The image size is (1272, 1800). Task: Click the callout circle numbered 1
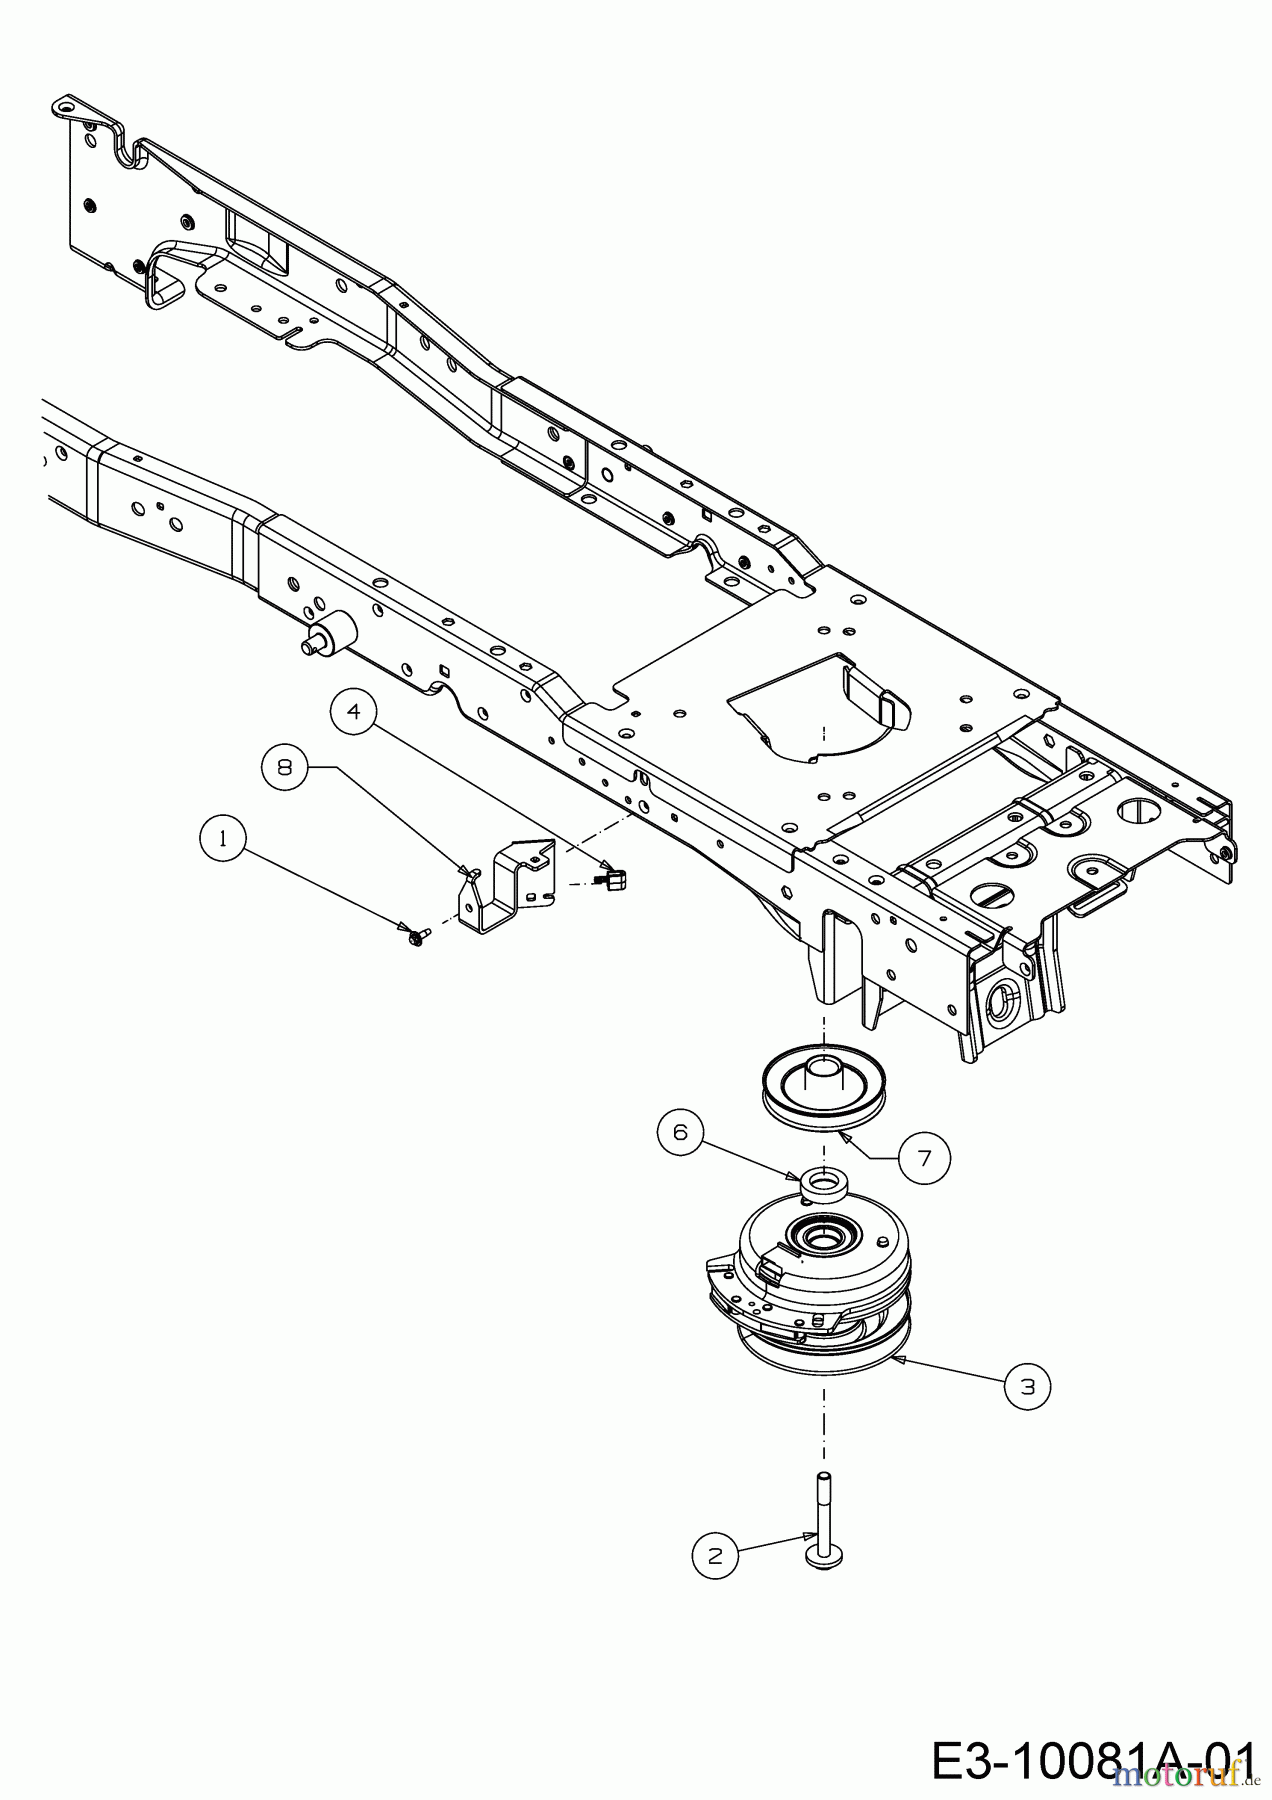click(x=223, y=839)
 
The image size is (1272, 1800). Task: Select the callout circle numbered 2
click(x=715, y=1555)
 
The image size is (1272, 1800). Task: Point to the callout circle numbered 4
click(x=354, y=712)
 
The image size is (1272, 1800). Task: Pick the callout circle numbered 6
click(x=681, y=1132)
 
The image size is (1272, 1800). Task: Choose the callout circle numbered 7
click(x=923, y=1158)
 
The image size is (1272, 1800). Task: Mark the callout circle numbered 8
click(x=286, y=769)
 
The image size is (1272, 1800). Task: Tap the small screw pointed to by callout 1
click(x=416, y=936)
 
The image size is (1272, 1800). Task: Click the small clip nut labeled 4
click(x=611, y=879)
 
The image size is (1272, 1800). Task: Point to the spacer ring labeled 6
click(x=822, y=1183)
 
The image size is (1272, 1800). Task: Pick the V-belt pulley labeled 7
click(x=822, y=1087)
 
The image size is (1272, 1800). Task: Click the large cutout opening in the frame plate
click(x=820, y=705)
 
